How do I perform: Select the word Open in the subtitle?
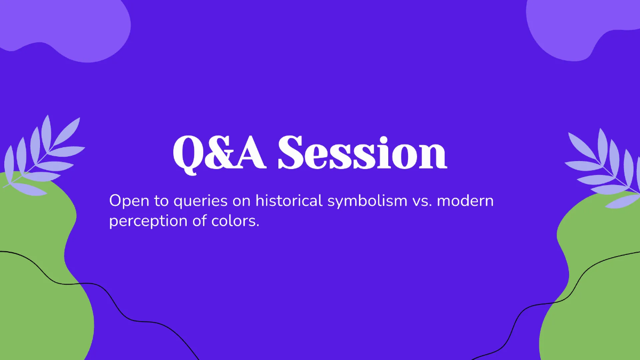pos(126,201)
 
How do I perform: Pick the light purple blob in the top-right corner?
pos(576,24)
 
